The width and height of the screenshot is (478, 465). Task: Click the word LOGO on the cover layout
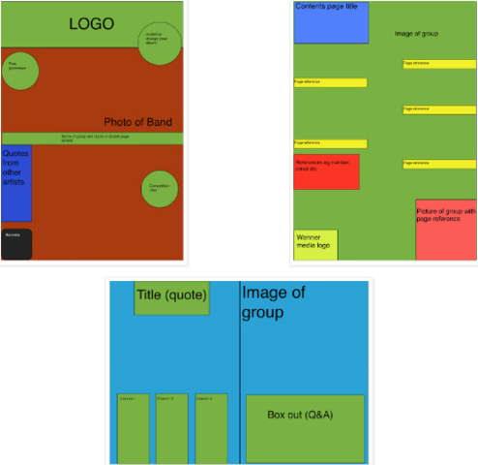tap(90, 23)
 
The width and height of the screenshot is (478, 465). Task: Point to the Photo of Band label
tap(137, 122)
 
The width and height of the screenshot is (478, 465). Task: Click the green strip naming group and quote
tap(92, 139)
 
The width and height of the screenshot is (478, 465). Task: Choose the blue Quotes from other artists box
tap(15, 183)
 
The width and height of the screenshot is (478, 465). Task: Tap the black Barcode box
tap(15, 244)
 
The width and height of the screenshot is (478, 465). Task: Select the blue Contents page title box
tap(331, 22)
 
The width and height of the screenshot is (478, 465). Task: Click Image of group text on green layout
tap(417, 34)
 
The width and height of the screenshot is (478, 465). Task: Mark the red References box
tap(326, 171)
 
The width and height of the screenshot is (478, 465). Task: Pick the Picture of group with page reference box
tap(446, 230)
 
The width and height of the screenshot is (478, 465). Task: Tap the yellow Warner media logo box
tap(315, 245)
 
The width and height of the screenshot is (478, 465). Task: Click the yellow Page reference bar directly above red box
tap(330, 143)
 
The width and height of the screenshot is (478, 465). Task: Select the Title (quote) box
tap(171, 297)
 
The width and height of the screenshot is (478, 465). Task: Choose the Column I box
tap(133, 429)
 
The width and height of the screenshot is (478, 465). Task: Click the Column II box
tap(171, 429)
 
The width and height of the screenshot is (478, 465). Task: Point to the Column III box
tap(210, 429)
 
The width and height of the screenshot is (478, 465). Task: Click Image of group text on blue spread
tap(274, 302)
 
